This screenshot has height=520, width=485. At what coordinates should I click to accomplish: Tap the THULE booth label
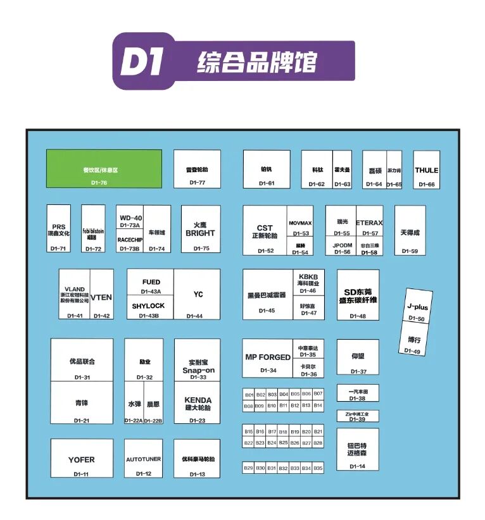coord(426,170)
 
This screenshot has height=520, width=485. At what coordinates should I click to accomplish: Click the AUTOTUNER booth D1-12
coord(143,459)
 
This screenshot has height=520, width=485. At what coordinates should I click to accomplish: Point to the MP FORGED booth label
coord(268,357)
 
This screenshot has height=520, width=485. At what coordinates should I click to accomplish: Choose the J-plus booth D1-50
coord(417,307)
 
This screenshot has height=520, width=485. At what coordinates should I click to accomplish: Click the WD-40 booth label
coord(130,218)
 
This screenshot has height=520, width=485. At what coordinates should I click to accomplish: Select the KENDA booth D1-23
coord(198,403)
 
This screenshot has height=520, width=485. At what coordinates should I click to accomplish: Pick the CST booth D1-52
coord(265,232)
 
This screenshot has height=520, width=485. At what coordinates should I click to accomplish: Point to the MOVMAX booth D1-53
coord(300,223)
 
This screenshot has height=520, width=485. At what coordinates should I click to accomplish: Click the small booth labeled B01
coord(249,394)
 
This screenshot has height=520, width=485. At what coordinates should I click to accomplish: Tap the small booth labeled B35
coord(318,468)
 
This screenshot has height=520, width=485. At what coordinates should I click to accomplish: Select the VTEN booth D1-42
coord(101,297)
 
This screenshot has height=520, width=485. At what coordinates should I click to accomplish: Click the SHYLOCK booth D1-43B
coord(148,306)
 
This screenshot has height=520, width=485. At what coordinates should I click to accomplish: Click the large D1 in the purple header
coord(142,62)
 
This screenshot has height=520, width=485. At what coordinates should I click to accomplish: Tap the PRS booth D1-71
coord(58,230)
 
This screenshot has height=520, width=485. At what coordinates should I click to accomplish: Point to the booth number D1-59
coord(410,251)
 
